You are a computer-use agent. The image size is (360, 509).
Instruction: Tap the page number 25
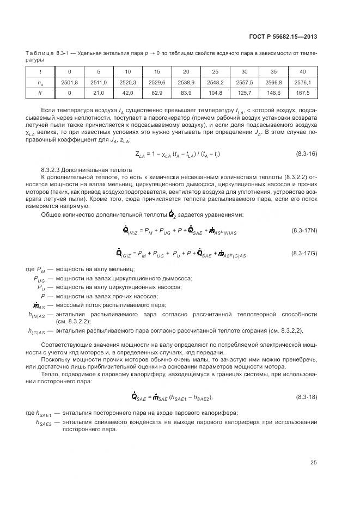click(x=313, y=463)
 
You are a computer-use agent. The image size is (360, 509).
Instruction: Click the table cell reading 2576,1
click(x=302, y=82)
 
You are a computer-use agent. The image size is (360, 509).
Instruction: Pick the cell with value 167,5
click(x=302, y=93)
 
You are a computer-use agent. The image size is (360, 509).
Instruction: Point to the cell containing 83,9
click(x=186, y=93)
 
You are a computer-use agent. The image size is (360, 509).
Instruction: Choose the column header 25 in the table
click(x=215, y=72)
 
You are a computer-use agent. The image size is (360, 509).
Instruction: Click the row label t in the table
click(x=39, y=72)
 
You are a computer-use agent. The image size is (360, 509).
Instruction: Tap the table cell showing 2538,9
click(x=186, y=82)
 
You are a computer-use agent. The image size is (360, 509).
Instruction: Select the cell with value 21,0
click(x=99, y=93)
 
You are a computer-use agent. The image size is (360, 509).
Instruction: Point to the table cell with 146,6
click(x=273, y=93)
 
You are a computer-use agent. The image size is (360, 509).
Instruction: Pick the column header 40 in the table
click(x=302, y=72)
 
